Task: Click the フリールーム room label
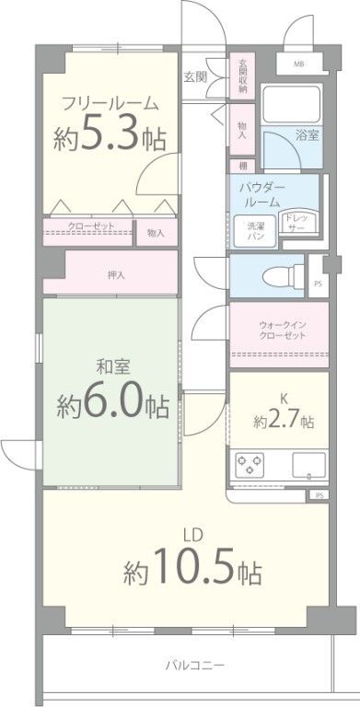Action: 110,105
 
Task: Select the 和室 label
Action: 112,369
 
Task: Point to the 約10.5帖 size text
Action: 193,566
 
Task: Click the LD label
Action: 192,535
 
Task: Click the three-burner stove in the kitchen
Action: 250,465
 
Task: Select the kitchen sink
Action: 309,465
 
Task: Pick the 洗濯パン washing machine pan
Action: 255,230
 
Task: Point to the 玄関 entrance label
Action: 195,77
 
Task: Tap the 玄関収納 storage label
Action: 243,75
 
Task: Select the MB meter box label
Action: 298,64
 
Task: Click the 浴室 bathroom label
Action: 308,134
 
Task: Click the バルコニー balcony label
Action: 194,665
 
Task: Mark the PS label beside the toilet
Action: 318,284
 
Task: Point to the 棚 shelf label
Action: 243,166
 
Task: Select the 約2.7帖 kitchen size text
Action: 284,421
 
